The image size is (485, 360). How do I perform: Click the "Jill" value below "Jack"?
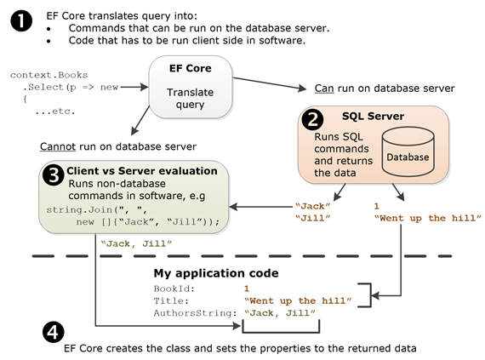[x=311, y=218]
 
